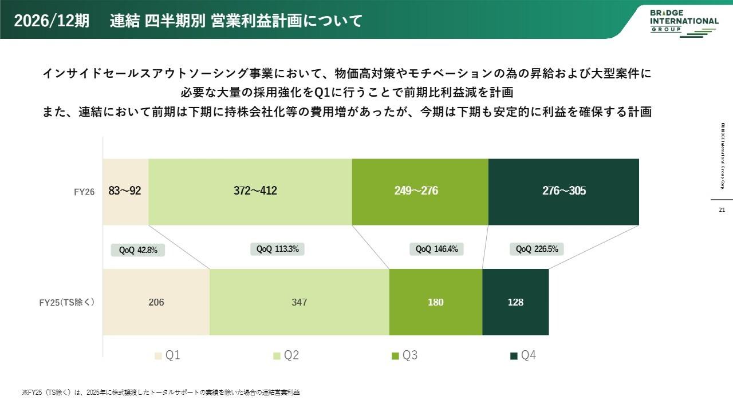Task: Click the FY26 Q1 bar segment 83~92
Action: (x=125, y=191)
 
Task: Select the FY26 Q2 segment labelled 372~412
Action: (x=250, y=191)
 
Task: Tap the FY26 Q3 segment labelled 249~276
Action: (x=420, y=191)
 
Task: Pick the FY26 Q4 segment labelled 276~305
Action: (x=563, y=191)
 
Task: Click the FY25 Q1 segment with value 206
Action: (x=156, y=302)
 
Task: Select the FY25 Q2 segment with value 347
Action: (x=299, y=302)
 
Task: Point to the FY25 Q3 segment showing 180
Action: (x=436, y=302)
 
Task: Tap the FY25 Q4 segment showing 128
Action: (x=515, y=302)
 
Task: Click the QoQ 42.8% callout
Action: (x=137, y=249)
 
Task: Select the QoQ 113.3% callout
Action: (x=278, y=249)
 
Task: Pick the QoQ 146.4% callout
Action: (x=436, y=249)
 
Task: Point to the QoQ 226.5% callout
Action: (x=537, y=249)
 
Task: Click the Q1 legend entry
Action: (x=168, y=356)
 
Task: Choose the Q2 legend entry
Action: (x=286, y=356)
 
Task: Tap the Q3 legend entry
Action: (x=405, y=356)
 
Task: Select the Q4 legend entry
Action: (x=523, y=356)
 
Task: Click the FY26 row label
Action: (x=84, y=192)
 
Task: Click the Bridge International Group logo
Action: (x=684, y=22)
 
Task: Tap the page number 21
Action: (x=722, y=210)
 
